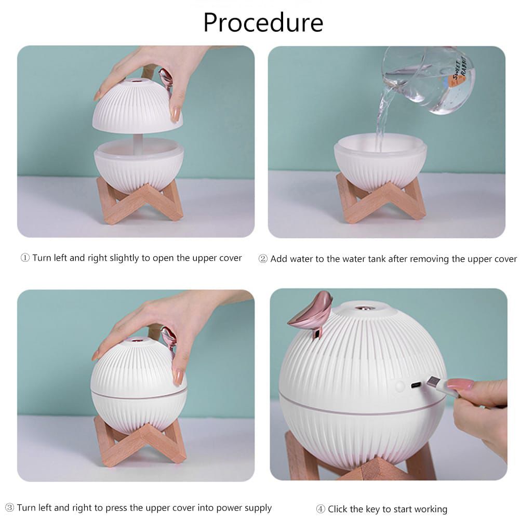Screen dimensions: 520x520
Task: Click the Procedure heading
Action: coord(263,22)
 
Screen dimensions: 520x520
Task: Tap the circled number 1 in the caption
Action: coord(25,258)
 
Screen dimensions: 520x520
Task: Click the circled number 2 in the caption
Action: coord(263,259)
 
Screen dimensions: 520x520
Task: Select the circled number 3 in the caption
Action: coord(9,508)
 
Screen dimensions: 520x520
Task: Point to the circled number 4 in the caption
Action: coord(321,509)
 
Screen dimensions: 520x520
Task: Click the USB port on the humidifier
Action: coord(416,386)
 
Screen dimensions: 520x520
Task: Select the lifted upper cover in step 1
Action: coord(137,106)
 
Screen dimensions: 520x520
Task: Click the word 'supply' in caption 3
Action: coord(257,508)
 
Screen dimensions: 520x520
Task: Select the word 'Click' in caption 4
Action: coord(338,509)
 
